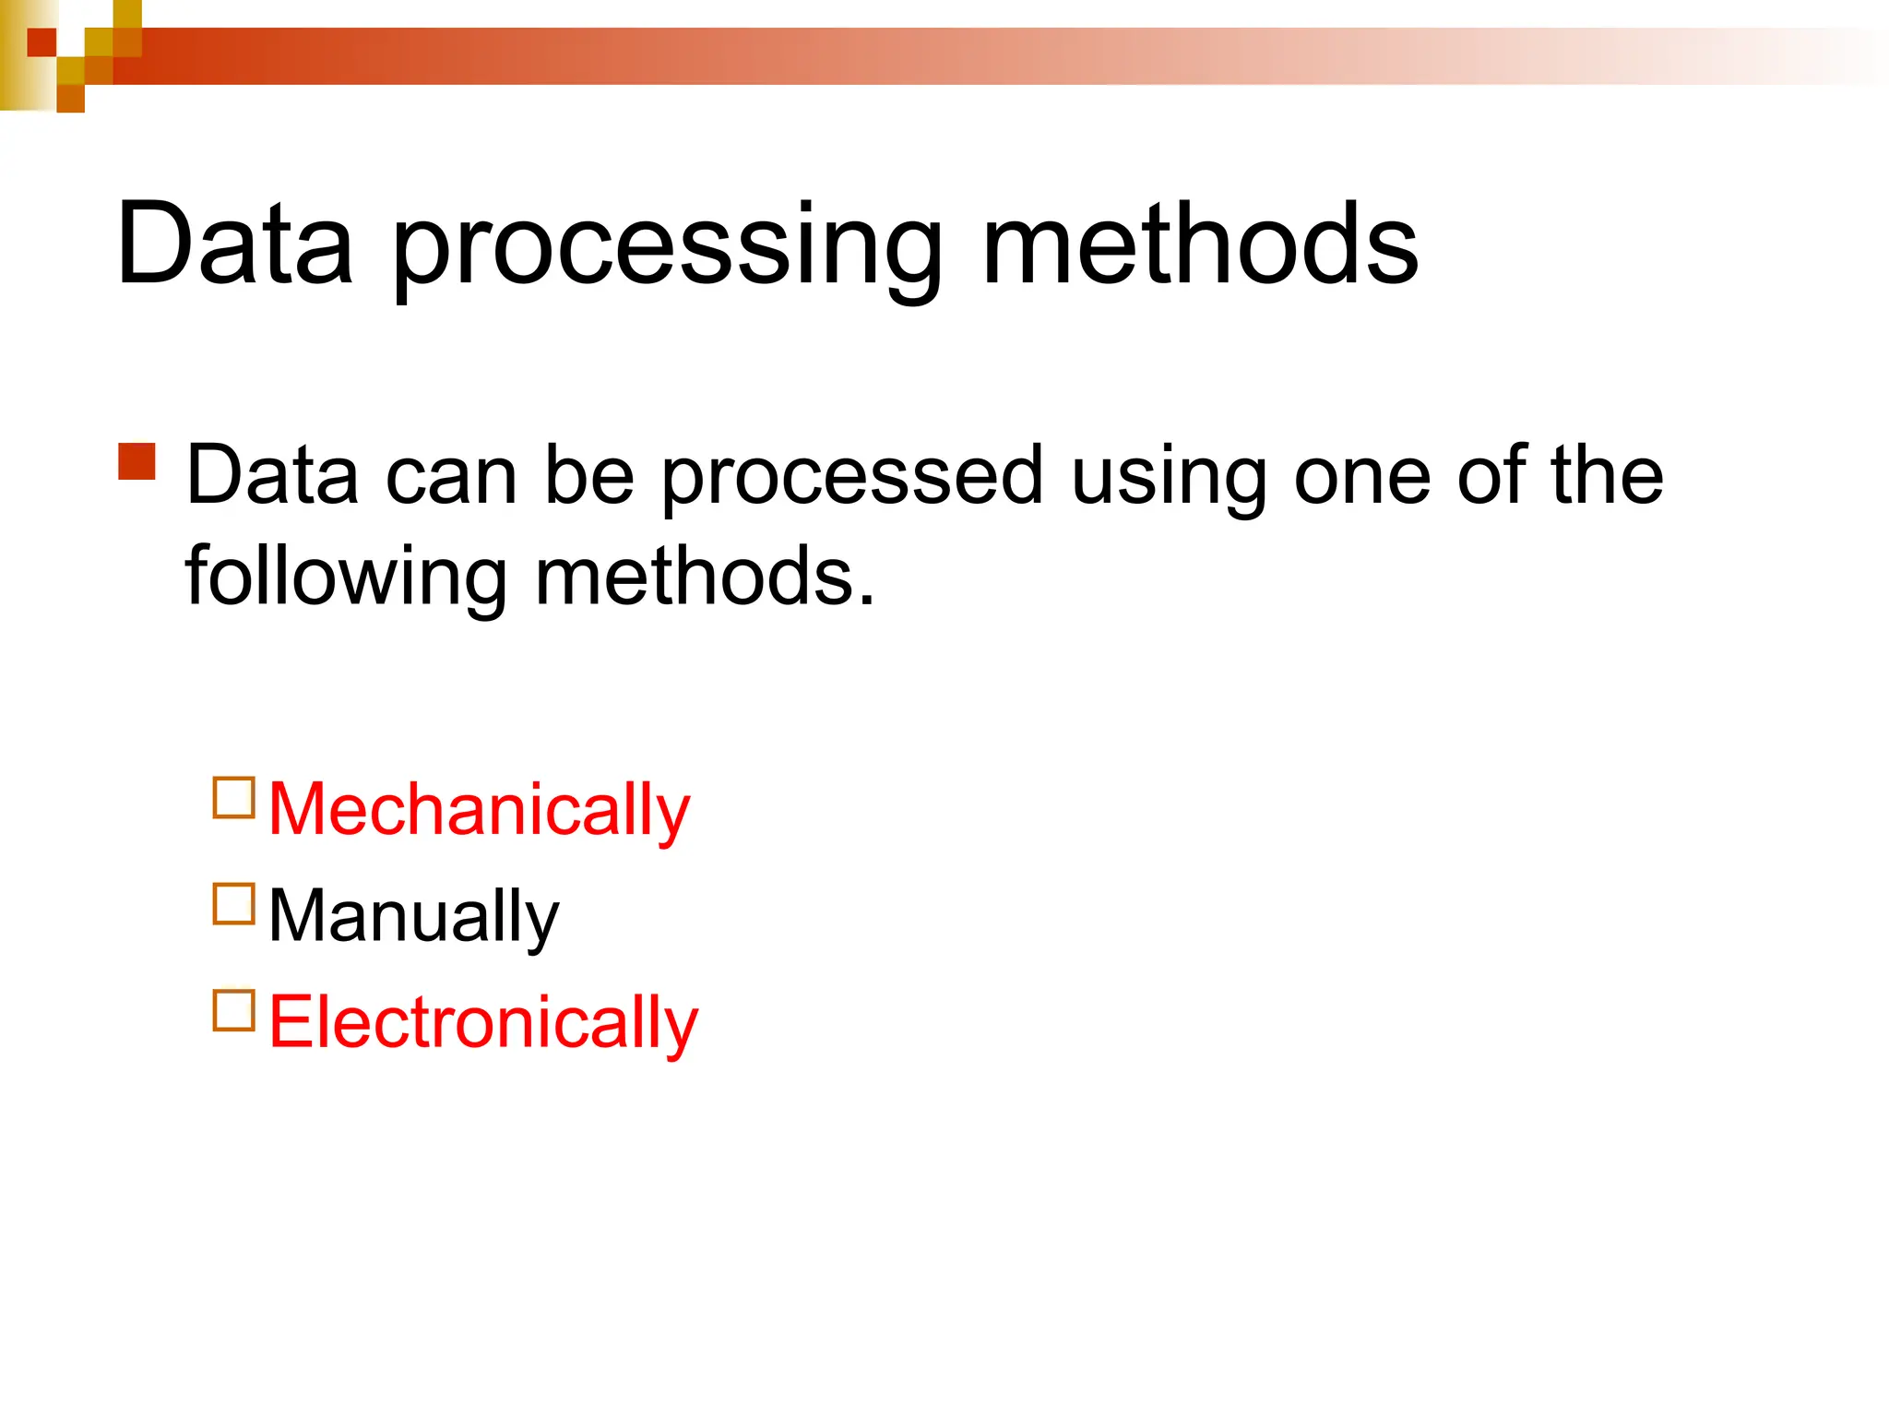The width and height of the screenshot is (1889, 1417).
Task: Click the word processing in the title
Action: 668,247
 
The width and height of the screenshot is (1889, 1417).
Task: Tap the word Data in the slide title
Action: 235,244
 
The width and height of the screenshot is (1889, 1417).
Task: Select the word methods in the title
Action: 1200,244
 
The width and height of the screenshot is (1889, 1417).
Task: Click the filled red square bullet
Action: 137,462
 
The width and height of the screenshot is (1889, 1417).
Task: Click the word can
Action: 451,477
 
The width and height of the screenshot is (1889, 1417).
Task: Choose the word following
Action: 346,578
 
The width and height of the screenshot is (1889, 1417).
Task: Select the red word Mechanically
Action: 479,809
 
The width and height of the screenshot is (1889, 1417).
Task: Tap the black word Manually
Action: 413,916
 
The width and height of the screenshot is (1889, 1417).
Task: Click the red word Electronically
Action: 483,1022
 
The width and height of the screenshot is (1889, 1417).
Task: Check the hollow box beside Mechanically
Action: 233,799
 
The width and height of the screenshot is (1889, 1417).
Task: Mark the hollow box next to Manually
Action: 233,904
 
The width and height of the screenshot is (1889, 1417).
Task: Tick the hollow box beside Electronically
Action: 233,1010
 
